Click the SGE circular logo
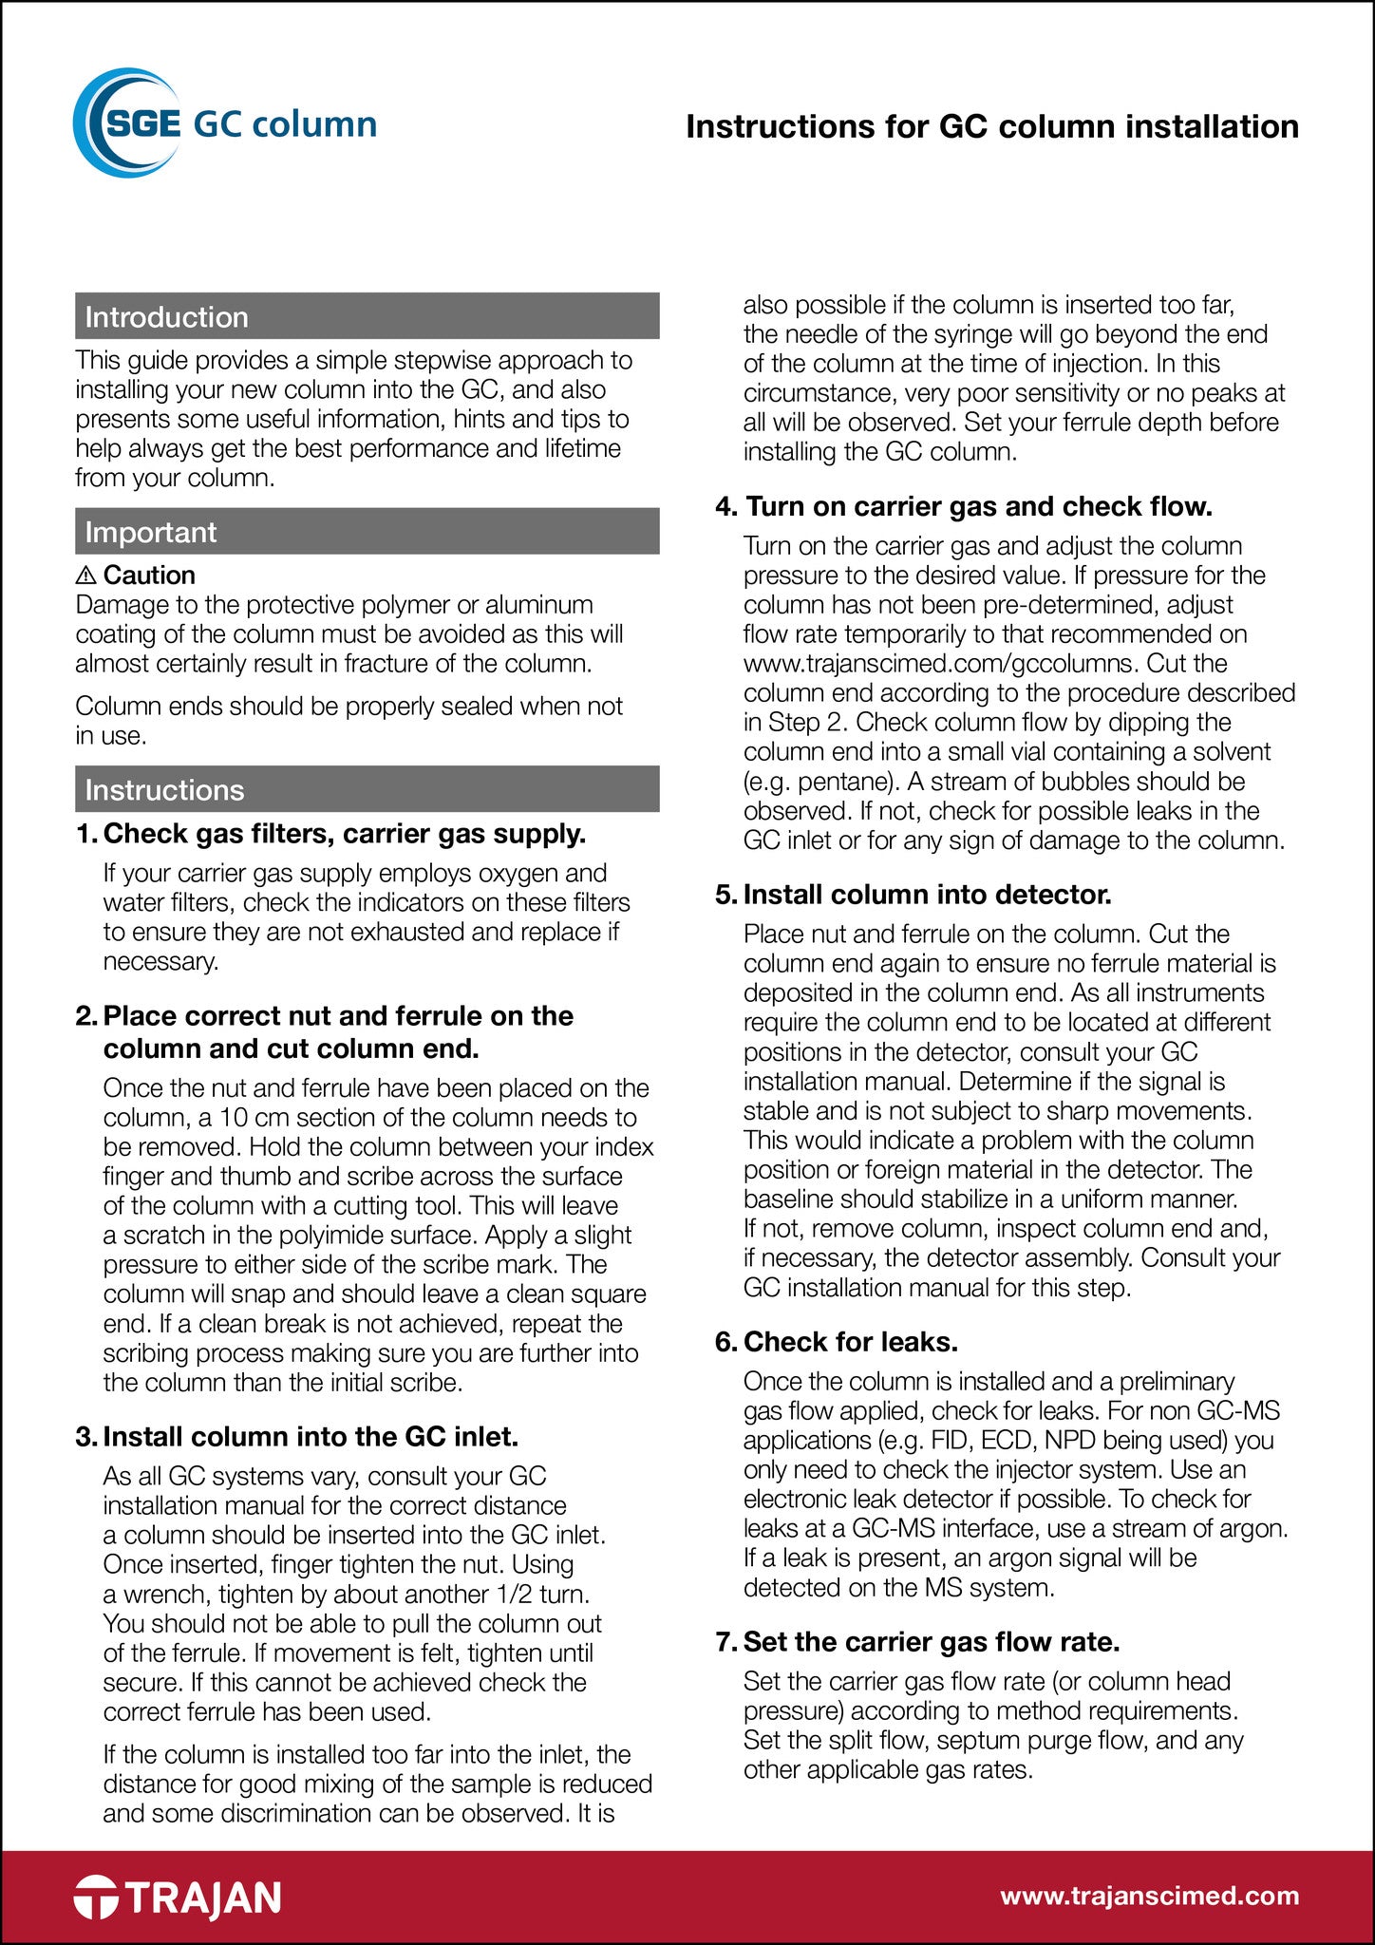click(x=127, y=123)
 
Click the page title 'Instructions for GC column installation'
click(x=992, y=126)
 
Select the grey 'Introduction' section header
click(x=367, y=316)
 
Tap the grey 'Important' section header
click(x=367, y=532)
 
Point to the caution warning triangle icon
click(x=85, y=575)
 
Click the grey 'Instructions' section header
click(x=367, y=789)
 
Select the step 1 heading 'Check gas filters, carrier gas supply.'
click(x=344, y=833)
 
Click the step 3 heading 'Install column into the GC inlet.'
click(x=311, y=1436)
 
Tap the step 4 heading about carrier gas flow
click(x=978, y=506)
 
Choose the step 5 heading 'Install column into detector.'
click(x=927, y=894)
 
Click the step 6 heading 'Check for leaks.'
click(x=850, y=1341)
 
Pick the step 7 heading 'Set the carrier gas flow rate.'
click(x=931, y=1641)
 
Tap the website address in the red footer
click(x=1149, y=1896)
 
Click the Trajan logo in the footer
click(x=178, y=1897)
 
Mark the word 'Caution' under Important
click(x=149, y=575)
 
